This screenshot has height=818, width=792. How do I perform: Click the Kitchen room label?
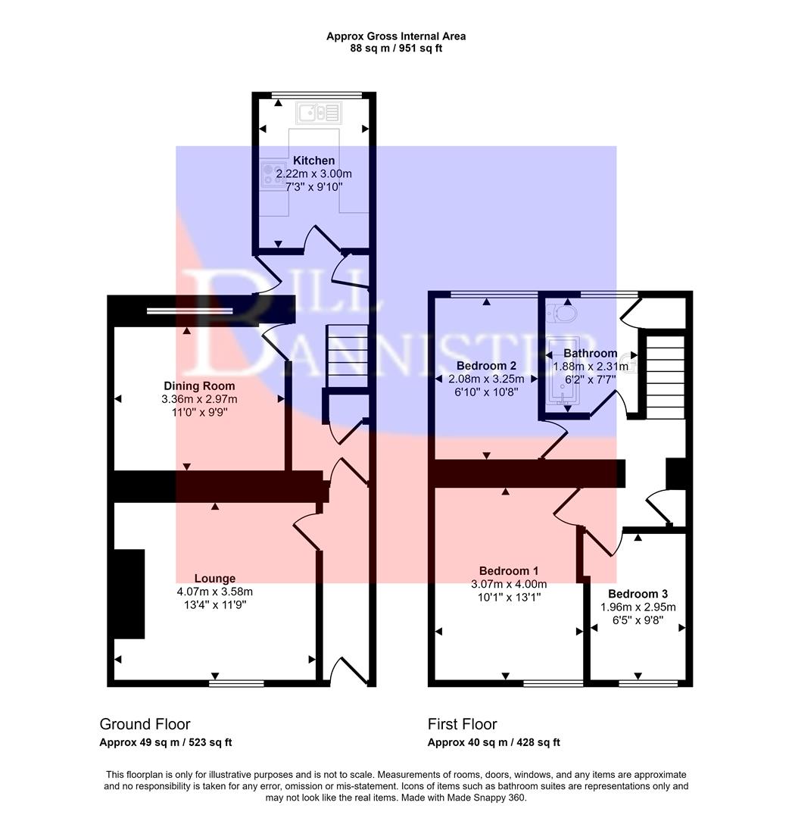313,161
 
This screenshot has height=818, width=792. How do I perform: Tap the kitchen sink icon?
320,113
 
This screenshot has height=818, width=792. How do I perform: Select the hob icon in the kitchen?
270,176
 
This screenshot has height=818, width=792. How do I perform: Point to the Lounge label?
214,579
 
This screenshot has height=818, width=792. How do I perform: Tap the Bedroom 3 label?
638,594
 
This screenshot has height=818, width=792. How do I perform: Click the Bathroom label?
590,353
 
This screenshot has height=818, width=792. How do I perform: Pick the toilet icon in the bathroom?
565,312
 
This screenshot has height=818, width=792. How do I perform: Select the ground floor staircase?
348,354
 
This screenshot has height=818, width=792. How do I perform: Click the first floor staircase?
664,373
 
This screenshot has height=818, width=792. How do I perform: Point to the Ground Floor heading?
145,724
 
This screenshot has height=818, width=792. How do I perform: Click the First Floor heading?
462,724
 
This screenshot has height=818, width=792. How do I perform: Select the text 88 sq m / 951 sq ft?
396,48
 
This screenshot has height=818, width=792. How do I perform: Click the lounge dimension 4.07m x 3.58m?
214,592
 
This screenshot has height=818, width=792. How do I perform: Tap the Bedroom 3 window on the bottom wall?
648,682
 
